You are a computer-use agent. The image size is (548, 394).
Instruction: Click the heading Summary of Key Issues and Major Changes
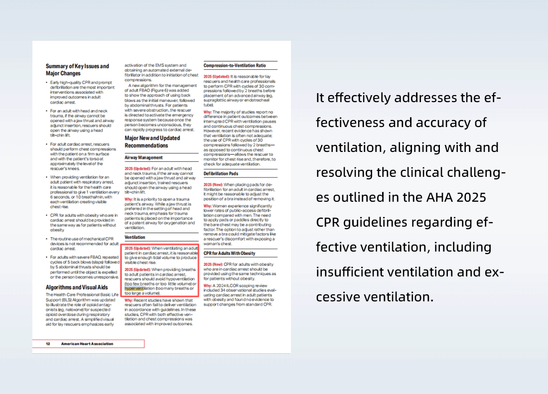[x=77, y=70]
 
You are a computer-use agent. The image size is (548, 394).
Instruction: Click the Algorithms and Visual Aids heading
[x=77, y=287]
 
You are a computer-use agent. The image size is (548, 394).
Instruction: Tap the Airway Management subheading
[x=143, y=157]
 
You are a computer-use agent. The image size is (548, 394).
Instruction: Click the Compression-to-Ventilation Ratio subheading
[x=235, y=65]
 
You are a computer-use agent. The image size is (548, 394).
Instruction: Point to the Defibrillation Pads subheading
[x=221, y=174]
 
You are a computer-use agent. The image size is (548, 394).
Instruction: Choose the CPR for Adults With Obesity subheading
[x=229, y=254]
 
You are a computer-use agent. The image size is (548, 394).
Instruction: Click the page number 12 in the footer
[x=48, y=344]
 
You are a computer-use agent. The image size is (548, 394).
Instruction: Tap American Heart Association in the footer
[x=87, y=344]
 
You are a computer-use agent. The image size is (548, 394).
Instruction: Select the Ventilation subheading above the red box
[x=135, y=238]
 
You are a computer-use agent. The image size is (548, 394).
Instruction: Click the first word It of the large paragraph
[x=320, y=98]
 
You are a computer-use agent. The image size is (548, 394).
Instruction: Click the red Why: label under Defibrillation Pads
[x=208, y=206]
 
